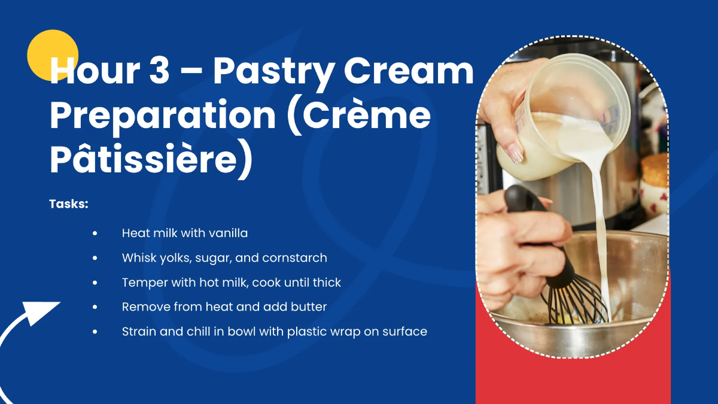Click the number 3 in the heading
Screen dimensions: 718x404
click(159, 70)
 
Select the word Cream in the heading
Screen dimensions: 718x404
click(408, 70)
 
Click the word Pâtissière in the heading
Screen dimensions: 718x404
click(144, 159)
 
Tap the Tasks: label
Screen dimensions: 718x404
click(69, 204)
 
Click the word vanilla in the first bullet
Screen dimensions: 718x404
click(228, 233)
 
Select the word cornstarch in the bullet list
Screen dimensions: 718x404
click(294, 258)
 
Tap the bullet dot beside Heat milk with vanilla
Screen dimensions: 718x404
click(95, 233)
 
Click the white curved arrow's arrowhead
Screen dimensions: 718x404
click(40, 312)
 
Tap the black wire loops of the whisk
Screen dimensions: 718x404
click(574, 302)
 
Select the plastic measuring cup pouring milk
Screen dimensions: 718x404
click(564, 116)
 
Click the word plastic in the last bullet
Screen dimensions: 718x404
click(307, 332)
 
